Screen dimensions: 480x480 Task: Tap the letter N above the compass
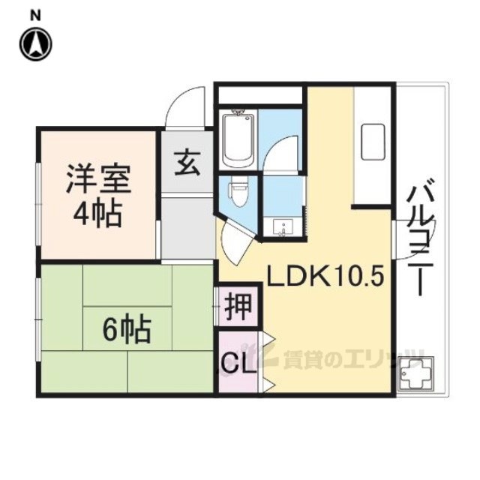pyautogui.click(x=36, y=16)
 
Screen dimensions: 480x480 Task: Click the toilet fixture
pyautogui.click(x=239, y=192)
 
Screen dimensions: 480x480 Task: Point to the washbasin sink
pyautogui.click(x=282, y=227)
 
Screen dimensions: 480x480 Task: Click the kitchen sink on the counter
pyautogui.click(x=373, y=142)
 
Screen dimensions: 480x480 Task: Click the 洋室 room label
pyautogui.click(x=98, y=179)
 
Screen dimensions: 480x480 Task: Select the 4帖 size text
pyautogui.click(x=97, y=214)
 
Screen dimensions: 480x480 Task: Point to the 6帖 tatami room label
pyautogui.click(x=127, y=330)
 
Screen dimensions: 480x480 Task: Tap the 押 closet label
pyautogui.click(x=238, y=307)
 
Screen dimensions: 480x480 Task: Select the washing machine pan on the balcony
pyautogui.click(x=415, y=374)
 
